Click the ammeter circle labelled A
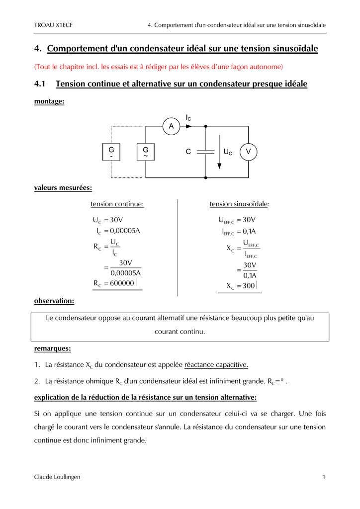[x=171, y=127]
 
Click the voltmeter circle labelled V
[x=248, y=152]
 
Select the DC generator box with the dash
[x=111, y=152]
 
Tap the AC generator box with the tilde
[x=146, y=152]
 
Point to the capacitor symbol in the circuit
[x=205, y=152]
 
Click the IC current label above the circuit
[x=188, y=118]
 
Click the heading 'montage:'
[x=49, y=101]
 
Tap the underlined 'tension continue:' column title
[x=117, y=204]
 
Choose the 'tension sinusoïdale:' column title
[x=240, y=204]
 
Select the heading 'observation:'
[x=54, y=301]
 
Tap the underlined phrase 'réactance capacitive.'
[x=216, y=365]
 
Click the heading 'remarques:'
[x=52, y=348]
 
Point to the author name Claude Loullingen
[x=57, y=477]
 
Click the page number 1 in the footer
[x=324, y=477]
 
